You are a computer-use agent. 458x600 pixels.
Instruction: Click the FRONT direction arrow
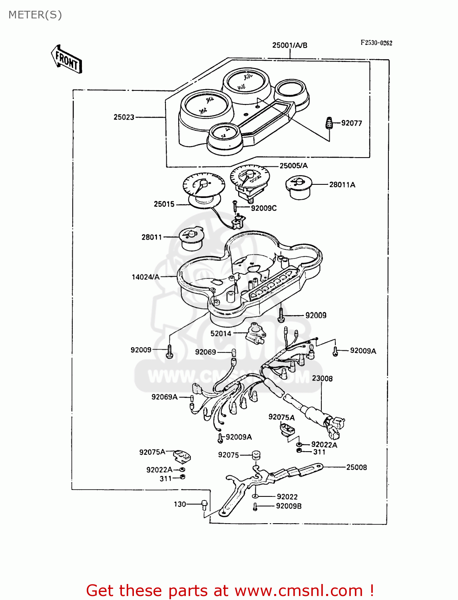(66, 59)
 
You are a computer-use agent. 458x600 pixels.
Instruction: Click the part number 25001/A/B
(290, 45)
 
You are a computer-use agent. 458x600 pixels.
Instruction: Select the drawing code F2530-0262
(376, 43)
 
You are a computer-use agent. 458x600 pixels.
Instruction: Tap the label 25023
(124, 117)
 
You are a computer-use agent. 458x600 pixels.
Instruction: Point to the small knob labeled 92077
(329, 123)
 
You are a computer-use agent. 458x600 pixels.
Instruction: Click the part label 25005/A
(293, 166)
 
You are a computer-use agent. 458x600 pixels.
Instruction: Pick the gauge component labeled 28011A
(298, 187)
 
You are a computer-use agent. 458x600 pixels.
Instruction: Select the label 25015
(164, 204)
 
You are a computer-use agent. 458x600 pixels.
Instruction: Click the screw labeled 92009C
(235, 207)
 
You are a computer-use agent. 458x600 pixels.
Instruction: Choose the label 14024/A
(145, 277)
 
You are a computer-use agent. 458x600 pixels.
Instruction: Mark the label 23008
(322, 378)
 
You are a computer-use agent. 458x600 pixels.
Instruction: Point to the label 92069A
(164, 397)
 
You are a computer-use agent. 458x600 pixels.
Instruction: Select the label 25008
(356, 467)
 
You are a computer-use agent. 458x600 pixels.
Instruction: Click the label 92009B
(289, 506)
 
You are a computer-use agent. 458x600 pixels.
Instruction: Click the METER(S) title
(35, 15)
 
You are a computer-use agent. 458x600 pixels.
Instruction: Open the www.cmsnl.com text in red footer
(299, 590)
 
